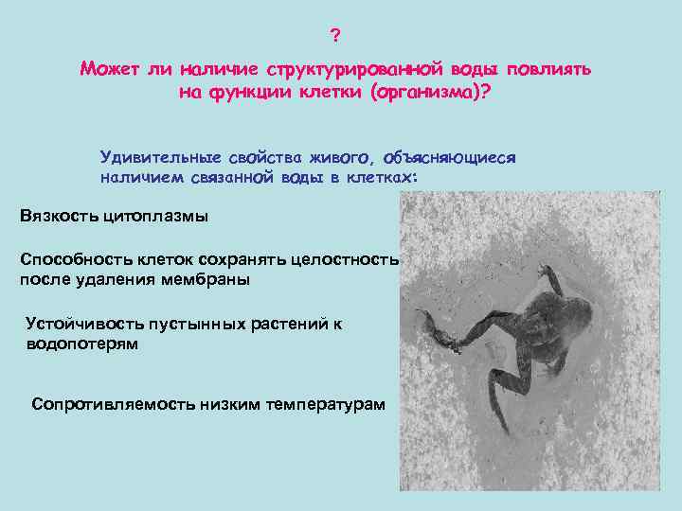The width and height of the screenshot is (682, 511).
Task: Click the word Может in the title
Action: pos(110,70)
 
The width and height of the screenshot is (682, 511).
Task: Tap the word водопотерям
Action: pos(81,344)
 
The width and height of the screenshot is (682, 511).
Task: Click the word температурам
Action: pos(323,404)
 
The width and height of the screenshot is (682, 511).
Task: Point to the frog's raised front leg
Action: pos(548,275)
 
